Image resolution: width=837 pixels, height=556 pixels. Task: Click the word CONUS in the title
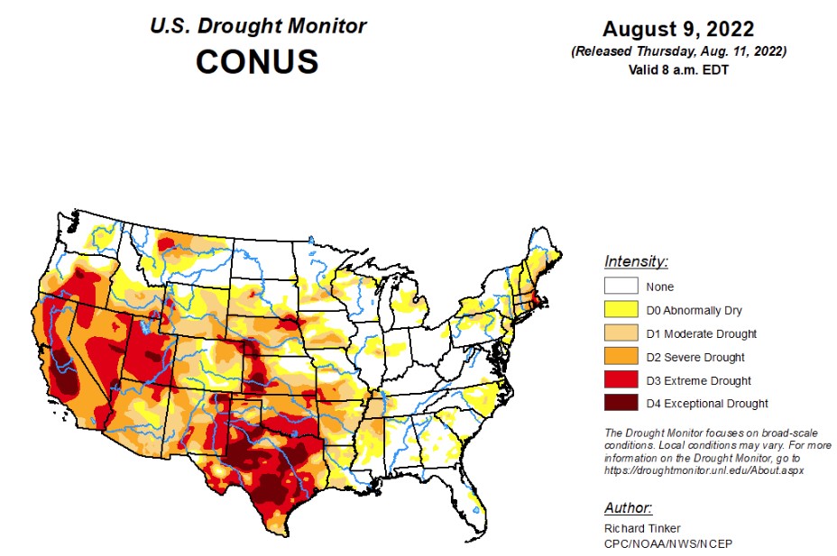pyautogui.click(x=257, y=61)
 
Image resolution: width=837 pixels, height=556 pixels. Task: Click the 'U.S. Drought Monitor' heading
pyautogui.click(x=258, y=25)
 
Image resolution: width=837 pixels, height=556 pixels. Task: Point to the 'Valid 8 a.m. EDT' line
pyautogui.click(x=677, y=70)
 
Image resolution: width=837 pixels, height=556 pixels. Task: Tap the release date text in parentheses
pyautogui.click(x=677, y=52)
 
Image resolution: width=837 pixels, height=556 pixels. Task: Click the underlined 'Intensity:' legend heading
pyautogui.click(x=636, y=262)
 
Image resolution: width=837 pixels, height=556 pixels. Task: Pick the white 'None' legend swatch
pyautogui.click(x=621, y=287)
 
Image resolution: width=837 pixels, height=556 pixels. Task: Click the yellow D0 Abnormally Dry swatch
pyautogui.click(x=621, y=311)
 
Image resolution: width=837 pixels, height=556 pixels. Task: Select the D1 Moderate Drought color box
pyautogui.click(x=621, y=334)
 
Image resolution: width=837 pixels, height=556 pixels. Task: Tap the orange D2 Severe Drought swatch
pyautogui.click(x=621, y=358)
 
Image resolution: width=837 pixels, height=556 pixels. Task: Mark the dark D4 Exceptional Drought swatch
pyautogui.click(x=621, y=404)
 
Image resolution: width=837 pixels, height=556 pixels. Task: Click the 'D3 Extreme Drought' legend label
pyautogui.click(x=698, y=381)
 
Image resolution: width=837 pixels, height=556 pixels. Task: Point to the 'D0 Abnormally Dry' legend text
pyautogui.click(x=694, y=311)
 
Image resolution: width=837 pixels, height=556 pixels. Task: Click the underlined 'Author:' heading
pyautogui.click(x=629, y=507)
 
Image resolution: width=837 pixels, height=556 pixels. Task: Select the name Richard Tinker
pyautogui.click(x=641, y=528)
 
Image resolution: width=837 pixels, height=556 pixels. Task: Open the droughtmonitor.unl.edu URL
pyautogui.click(x=704, y=470)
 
